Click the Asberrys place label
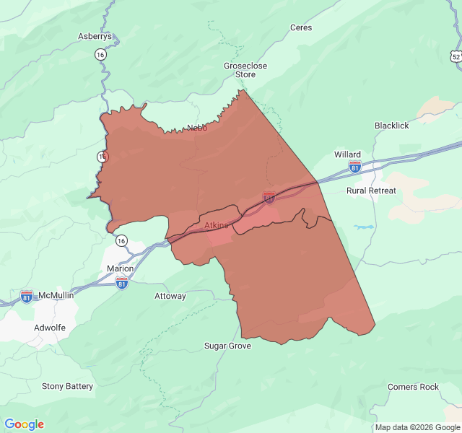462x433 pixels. point(95,36)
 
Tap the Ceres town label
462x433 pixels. point(301,27)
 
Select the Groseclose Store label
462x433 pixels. point(245,70)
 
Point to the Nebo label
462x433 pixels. point(197,128)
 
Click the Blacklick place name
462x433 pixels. point(391,126)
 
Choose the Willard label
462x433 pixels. point(347,154)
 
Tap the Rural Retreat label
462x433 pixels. point(371,191)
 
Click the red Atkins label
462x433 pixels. point(216,226)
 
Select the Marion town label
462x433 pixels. point(120,268)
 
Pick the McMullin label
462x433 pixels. point(56,296)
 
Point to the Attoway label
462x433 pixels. point(170,296)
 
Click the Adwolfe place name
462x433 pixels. point(50,327)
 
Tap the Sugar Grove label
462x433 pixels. point(227,346)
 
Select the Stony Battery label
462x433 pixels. point(67,386)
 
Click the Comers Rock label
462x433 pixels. point(413,387)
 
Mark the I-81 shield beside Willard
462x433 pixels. point(354,167)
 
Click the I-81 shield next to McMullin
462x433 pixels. point(27,297)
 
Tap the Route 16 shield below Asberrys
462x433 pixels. point(100,55)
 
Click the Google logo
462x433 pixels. point(24,424)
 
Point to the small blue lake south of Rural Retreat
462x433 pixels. point(364,227)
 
